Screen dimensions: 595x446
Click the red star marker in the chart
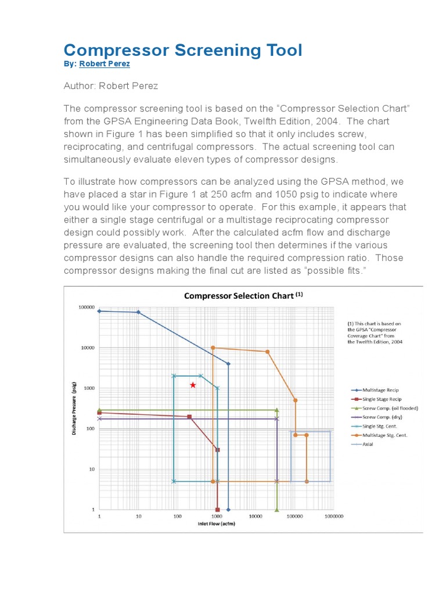(193, 385)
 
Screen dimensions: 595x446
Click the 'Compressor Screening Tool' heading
(182, 50)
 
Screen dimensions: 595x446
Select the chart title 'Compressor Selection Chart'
(239, 295)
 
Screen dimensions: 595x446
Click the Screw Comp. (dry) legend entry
(382, 417)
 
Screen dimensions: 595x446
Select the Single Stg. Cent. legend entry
(380, 426)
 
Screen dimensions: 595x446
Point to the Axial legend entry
(368, 444)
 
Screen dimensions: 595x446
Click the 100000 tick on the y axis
(86, 307)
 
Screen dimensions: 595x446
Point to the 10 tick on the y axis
(91, 469)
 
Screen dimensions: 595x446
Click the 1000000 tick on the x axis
(334, 516)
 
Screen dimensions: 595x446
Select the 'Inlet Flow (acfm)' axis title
(216, 523)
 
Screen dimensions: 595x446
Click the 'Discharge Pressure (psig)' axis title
(74, 408)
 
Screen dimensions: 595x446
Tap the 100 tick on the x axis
(177, 516)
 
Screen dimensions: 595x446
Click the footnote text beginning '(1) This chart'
(375, 332)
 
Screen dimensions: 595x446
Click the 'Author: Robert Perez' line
(110, 85)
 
